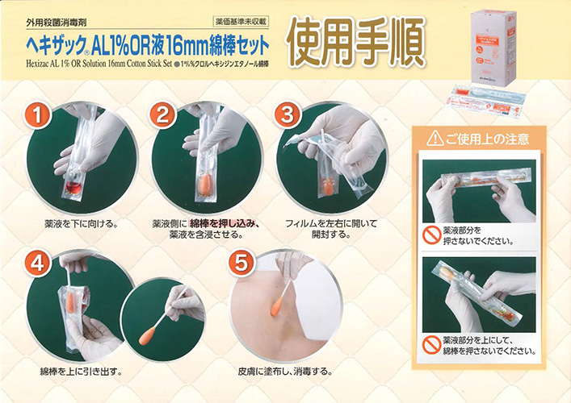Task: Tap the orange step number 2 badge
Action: [163, 115]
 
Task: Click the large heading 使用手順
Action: [356, 43]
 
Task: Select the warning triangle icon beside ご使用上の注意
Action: [437, 139]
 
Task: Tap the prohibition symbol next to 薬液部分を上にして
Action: [431, 345]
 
